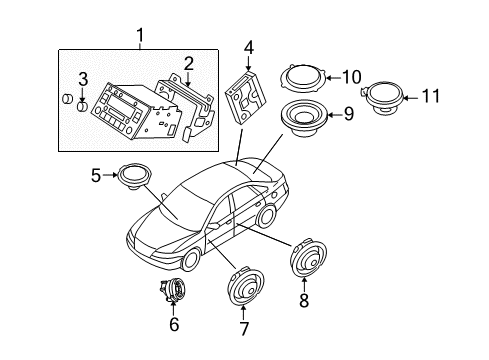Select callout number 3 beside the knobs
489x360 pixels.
84,79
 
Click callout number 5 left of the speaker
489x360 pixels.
97,174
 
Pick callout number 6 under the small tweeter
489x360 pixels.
174,324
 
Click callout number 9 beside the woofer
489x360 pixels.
348,115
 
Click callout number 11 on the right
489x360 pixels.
430,97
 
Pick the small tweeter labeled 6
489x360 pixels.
172,291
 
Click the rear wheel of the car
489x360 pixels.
265,217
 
